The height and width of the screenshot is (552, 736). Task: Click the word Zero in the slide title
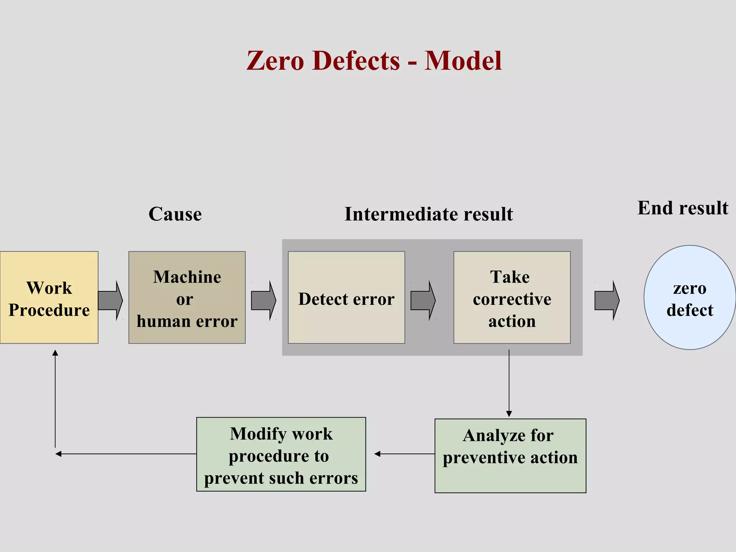coord(275,60)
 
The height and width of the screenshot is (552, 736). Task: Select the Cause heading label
coord(175,214)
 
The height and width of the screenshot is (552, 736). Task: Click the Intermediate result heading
coord(428,214)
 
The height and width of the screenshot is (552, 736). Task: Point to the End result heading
coord(682,208)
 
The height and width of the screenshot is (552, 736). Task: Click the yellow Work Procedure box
coord(49,298)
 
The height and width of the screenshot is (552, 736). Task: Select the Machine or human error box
coord(187,298)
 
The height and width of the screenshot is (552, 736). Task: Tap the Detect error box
coord(346,298)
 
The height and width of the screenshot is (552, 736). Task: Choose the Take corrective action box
coord(512,298)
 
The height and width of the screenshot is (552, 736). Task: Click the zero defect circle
coord(689,298)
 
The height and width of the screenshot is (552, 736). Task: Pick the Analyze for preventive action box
coord(510,455)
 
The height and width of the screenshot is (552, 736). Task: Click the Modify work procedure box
coord(281,454)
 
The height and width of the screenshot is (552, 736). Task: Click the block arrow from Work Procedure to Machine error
coord(110,300)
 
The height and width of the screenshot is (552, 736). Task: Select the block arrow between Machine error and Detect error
coord(263,300)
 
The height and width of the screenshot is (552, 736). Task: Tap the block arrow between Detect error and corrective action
coord(423,300)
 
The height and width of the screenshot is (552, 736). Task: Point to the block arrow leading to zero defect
coord(607,300)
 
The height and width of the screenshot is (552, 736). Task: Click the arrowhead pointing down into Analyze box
coord(509,414)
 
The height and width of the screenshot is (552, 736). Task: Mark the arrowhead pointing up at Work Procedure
coord(55,353)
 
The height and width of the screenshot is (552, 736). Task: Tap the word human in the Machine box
coord(160,321)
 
